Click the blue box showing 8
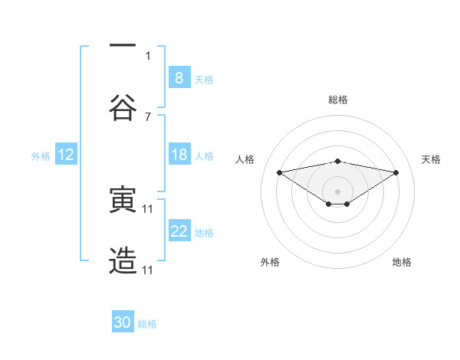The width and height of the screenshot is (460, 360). click(179, 77)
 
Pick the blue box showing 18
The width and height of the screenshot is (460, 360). click(179, 155)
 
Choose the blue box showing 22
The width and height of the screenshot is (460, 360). click(179, 231)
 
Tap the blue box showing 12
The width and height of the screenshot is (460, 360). click(65, 155)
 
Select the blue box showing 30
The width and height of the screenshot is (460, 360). click(123, 322)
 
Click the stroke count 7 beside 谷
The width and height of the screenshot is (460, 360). click(148, 116)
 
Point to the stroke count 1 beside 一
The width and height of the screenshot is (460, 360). click(148, 55)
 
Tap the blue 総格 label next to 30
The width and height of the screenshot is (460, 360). click(147, 324)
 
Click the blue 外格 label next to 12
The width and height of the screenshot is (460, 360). click(41, 155)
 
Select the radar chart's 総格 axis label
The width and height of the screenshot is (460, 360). click(337, 100)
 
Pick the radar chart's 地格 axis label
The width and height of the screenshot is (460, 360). click(402, 262)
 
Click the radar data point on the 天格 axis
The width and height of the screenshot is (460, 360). click(396, 172)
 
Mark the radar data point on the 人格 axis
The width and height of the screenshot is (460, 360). click(279, 172)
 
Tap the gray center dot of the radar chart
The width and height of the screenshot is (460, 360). click(337, 191)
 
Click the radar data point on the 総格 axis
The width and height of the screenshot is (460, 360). click(337, 161)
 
